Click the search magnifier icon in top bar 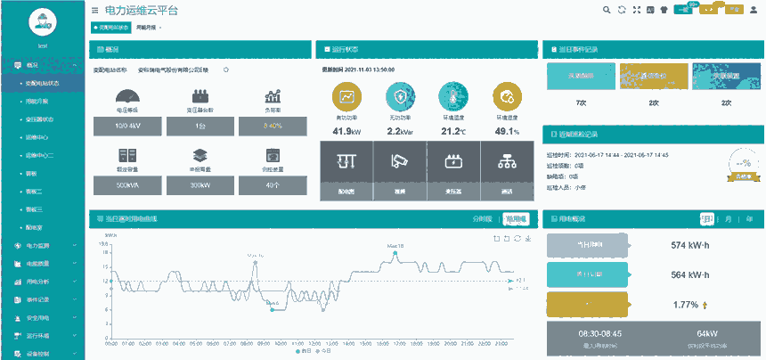(x=607, y=10)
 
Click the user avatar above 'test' (x=42, y=21)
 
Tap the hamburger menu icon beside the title (x=94, y=10)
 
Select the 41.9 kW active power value (x=346, y=132)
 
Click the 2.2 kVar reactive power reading (x=399, y=132)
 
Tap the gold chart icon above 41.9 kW (x=346, y=97)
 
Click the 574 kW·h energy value (x=689, y=245)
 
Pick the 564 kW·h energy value (x=689, y=275)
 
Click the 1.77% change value (x=687, y=305)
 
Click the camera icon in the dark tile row (x=400, y=162)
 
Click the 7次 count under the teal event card (x=581, y=103)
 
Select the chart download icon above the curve (x=528, y=238)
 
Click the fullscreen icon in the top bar (x=636, y=10)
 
